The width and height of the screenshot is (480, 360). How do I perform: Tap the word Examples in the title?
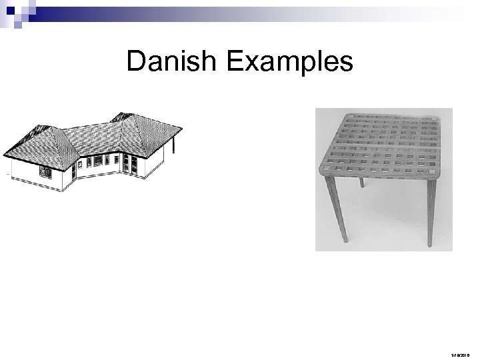pyautogui.click(x=290, y=62)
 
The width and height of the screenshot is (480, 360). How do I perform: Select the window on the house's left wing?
pyautogui.click(x=45, y=171)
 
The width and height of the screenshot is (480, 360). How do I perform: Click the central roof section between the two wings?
pyautogui.click(x=93, y=137)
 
